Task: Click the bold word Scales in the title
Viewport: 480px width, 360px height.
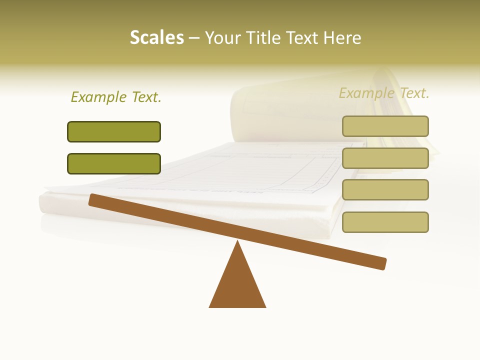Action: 156,38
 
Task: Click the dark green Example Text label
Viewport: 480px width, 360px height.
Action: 116,97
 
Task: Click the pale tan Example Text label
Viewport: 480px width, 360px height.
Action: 384,93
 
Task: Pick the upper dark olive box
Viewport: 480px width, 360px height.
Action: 114,131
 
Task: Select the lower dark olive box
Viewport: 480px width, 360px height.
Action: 114,163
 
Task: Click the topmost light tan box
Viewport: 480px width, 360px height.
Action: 385,126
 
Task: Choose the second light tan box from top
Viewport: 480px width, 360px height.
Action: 385,158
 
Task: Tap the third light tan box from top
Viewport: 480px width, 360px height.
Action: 385,189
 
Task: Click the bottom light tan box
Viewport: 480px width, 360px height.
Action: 385,222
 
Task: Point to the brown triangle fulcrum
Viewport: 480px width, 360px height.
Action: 237,285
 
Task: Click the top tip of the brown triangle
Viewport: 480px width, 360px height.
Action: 237,242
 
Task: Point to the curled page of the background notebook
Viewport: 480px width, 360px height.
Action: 260,107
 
